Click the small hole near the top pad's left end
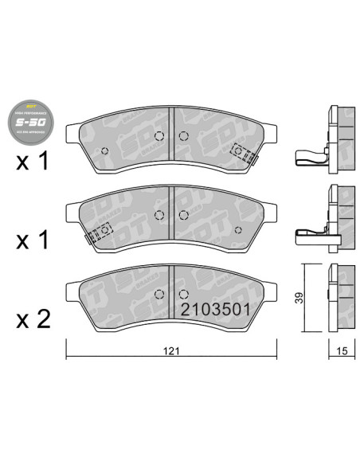click(x=104, y=150)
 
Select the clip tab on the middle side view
click(x=308, y=234)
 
